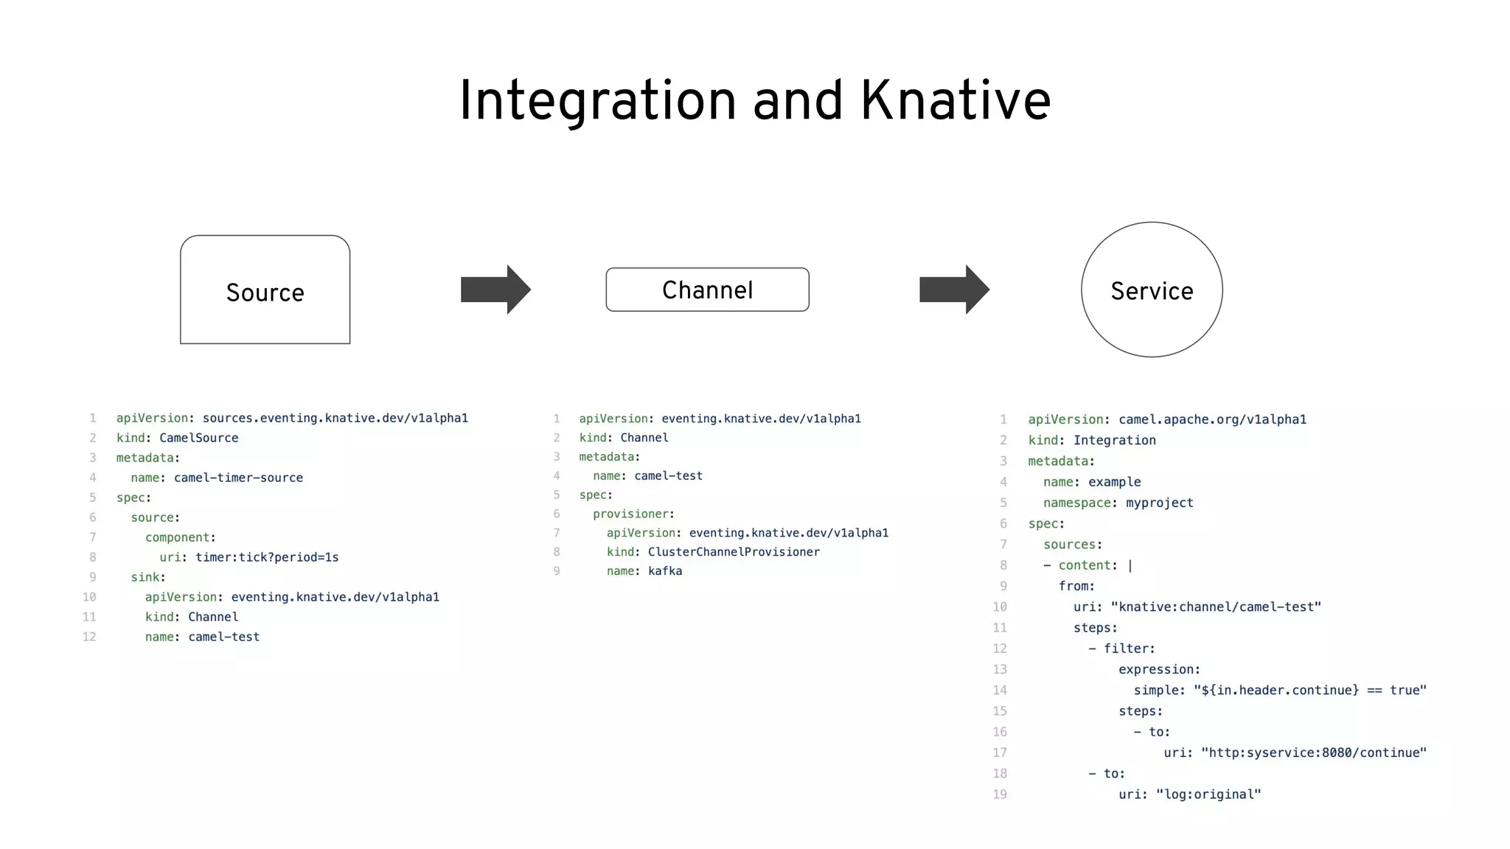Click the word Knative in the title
coord(956,101)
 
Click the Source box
coord(265,290)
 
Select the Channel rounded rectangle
coord(707,290)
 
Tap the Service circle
coord(1152,290)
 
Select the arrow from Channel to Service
coord(954,290)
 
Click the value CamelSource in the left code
coord(199,438)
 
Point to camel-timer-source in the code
coord(238,478)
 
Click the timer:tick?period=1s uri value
coord(267,557)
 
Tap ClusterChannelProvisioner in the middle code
coord(734,552)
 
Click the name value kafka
coord(665,571)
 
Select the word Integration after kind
coord(1114,440)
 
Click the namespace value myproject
coord(1159,503)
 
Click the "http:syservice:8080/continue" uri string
coord(1314,752)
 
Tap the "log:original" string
coord(1208,794)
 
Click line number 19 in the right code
coord(1000,794)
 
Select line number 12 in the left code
coord(89,637)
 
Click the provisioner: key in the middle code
coord(633,514)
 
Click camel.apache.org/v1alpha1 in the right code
coord(1212,419)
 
